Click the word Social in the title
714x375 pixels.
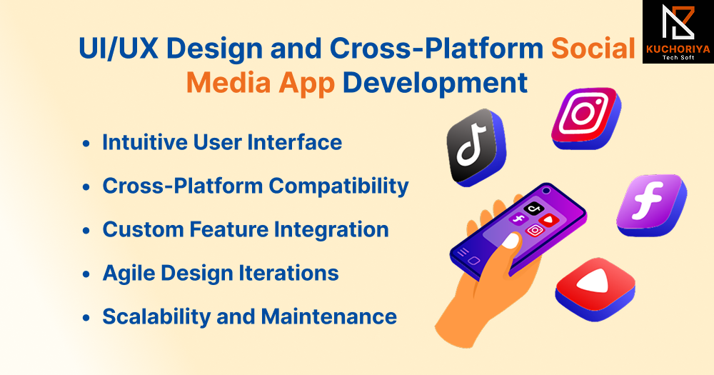tap(593, 49)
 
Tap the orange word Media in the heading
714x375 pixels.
tap(229, 83)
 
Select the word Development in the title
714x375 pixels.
tap(435, 84)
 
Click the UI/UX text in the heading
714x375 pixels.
tap(119, 49)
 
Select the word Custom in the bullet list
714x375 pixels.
tap(143, 229)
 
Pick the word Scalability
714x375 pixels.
tap(156, 317)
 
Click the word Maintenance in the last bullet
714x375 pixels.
tap(328, 316)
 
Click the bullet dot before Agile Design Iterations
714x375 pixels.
tap(86, 274)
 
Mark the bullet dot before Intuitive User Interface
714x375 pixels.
tap(86, 144)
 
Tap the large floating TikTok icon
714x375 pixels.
tap(476, 147)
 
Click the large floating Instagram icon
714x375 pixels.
tap(586, 117)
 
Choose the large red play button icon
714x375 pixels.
tap(595, 289)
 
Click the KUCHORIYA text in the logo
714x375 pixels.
tap(678, 49)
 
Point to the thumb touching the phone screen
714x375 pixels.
tap(508, 242)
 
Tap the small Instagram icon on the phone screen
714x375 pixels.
tap(535, 231)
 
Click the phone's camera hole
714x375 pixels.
tap(546, 191)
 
